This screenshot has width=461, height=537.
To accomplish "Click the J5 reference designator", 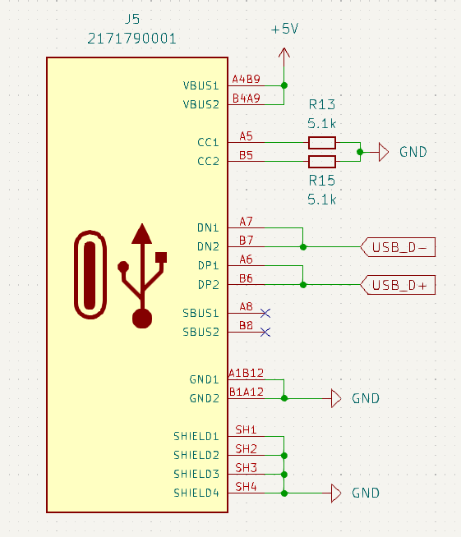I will coord(131,19).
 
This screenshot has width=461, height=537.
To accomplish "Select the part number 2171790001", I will coord(131,39).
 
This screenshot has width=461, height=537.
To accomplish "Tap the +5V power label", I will coord(284,29).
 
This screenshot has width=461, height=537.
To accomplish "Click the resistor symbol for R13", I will coord(322,142).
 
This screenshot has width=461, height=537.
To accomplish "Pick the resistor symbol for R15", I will coord(322,161).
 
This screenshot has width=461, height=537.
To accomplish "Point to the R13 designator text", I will coord(322,105).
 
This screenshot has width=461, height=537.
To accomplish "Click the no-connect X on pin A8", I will coord(265,313).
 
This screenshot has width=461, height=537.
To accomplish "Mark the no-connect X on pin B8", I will coord(265,332).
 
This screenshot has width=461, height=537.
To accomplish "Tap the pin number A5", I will coord(246,136).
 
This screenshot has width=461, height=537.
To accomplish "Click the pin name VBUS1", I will coord(201,85).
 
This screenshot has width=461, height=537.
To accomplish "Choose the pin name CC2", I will coord(208,162).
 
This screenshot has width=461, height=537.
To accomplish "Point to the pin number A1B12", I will coord(246,373).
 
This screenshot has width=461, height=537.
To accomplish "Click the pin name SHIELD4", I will coord(196,493).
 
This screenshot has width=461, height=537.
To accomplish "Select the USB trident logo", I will coord(143,275).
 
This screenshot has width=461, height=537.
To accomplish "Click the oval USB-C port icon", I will coord(90,275).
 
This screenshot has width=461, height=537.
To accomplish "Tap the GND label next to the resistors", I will coord(413,152).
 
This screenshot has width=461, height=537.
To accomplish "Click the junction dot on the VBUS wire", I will coord(284,85).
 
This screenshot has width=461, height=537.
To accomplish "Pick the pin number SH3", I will coord(246,467).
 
